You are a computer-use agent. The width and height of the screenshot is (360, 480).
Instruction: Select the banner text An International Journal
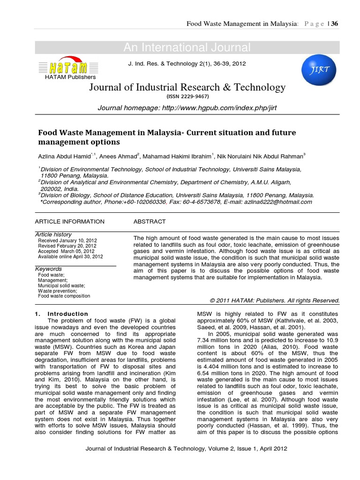tap(187, 47)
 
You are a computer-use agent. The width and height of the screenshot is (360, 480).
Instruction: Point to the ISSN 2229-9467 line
tap(187, 96)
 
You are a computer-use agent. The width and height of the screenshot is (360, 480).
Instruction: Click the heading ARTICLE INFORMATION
tap(70, 221)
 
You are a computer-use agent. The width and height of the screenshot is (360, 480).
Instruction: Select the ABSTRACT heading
tap(150, 221)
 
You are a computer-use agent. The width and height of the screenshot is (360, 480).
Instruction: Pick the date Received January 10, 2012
tap(67, 240)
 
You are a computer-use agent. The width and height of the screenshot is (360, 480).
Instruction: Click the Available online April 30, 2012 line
tap(70, 256)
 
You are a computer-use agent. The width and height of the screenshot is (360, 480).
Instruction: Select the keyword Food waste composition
tap(64, 296)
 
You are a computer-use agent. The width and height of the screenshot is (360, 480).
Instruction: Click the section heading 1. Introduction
tap(61, 314)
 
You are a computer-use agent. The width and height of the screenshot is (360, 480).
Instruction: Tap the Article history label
tap(53, 234)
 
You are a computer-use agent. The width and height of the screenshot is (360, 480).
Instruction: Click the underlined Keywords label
tap(49, 269)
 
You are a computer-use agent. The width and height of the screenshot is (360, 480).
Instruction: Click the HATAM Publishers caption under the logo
tap(70, 77)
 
